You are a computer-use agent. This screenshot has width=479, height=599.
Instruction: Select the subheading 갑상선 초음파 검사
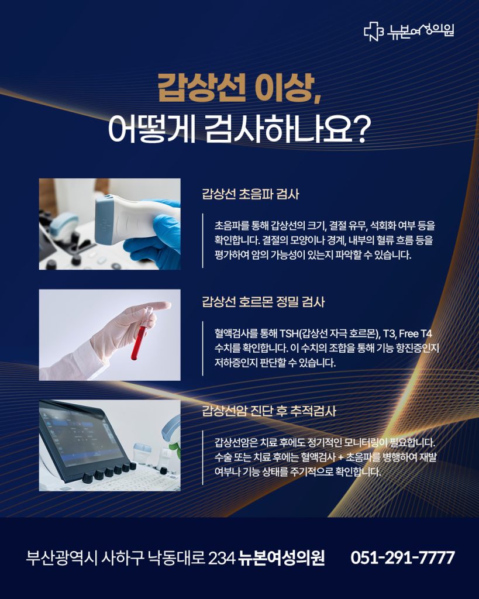coord(250,194)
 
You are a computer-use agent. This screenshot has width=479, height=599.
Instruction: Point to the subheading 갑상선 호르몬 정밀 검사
coord(263,302)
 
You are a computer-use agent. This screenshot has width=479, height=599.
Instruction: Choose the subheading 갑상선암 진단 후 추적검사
coord(269,411)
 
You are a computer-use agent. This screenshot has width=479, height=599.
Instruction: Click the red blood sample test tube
coord(137,342)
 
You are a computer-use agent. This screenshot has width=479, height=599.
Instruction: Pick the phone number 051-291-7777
coord(402,557)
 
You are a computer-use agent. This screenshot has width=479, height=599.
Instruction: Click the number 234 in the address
coord(221,558)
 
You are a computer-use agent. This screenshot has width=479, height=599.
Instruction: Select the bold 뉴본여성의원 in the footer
coord(281,557)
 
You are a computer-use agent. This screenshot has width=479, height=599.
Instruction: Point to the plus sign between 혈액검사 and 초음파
coord(341,457)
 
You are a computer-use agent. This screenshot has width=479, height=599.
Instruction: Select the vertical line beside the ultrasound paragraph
coord(203,240)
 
